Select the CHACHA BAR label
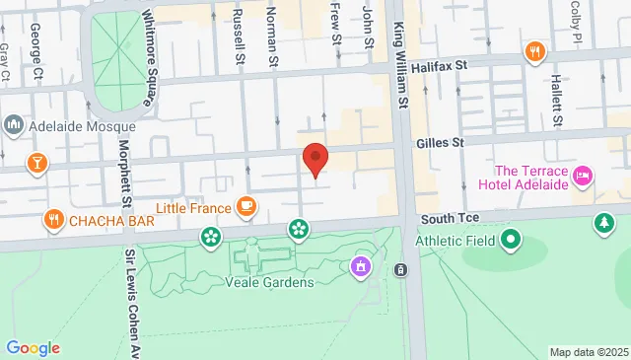110,221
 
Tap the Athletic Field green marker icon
510,240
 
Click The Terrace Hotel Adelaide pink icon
583,177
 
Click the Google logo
34,348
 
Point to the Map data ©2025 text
588,352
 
